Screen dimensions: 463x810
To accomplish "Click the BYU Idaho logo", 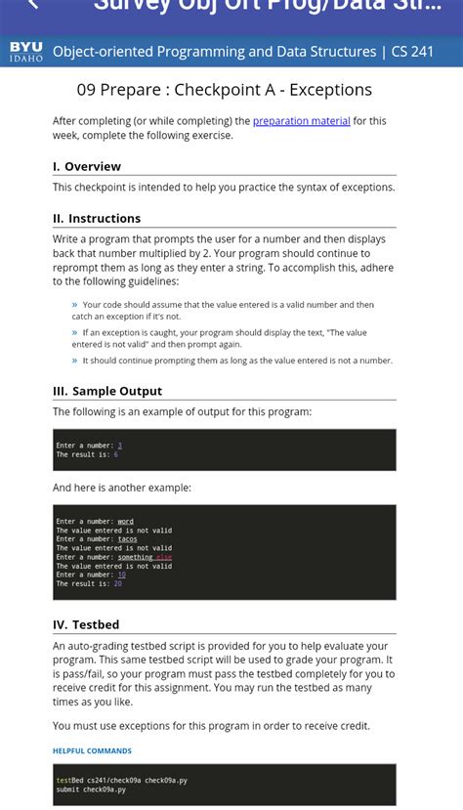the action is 26,52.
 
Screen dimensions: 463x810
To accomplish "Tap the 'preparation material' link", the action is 301,121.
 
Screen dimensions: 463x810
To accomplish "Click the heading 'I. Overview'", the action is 87,166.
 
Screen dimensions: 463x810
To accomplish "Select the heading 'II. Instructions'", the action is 97,218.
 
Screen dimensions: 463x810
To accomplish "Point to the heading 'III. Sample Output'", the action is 107,391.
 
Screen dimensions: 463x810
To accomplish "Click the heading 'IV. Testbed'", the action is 86,624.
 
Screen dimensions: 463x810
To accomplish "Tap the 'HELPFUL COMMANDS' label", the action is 92,750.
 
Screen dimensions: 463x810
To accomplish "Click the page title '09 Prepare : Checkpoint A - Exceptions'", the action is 225,90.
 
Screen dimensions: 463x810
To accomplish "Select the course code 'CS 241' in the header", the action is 412,52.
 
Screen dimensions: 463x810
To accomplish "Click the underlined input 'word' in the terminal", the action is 125,522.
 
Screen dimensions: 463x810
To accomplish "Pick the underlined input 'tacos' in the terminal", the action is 127,539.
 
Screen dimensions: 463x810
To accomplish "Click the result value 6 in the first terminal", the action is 115,454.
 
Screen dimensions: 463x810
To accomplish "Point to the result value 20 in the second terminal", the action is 117,583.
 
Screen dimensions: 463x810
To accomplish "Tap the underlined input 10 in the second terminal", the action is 121,575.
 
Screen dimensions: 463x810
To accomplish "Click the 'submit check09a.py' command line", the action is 91,789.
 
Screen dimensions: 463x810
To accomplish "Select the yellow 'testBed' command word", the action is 69,781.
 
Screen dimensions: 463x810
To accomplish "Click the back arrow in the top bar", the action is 34,6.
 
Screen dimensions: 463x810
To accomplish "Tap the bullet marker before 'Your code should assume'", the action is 74,305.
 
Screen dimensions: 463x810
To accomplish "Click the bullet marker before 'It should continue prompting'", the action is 74,361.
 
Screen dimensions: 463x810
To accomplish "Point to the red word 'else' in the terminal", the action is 163,557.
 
